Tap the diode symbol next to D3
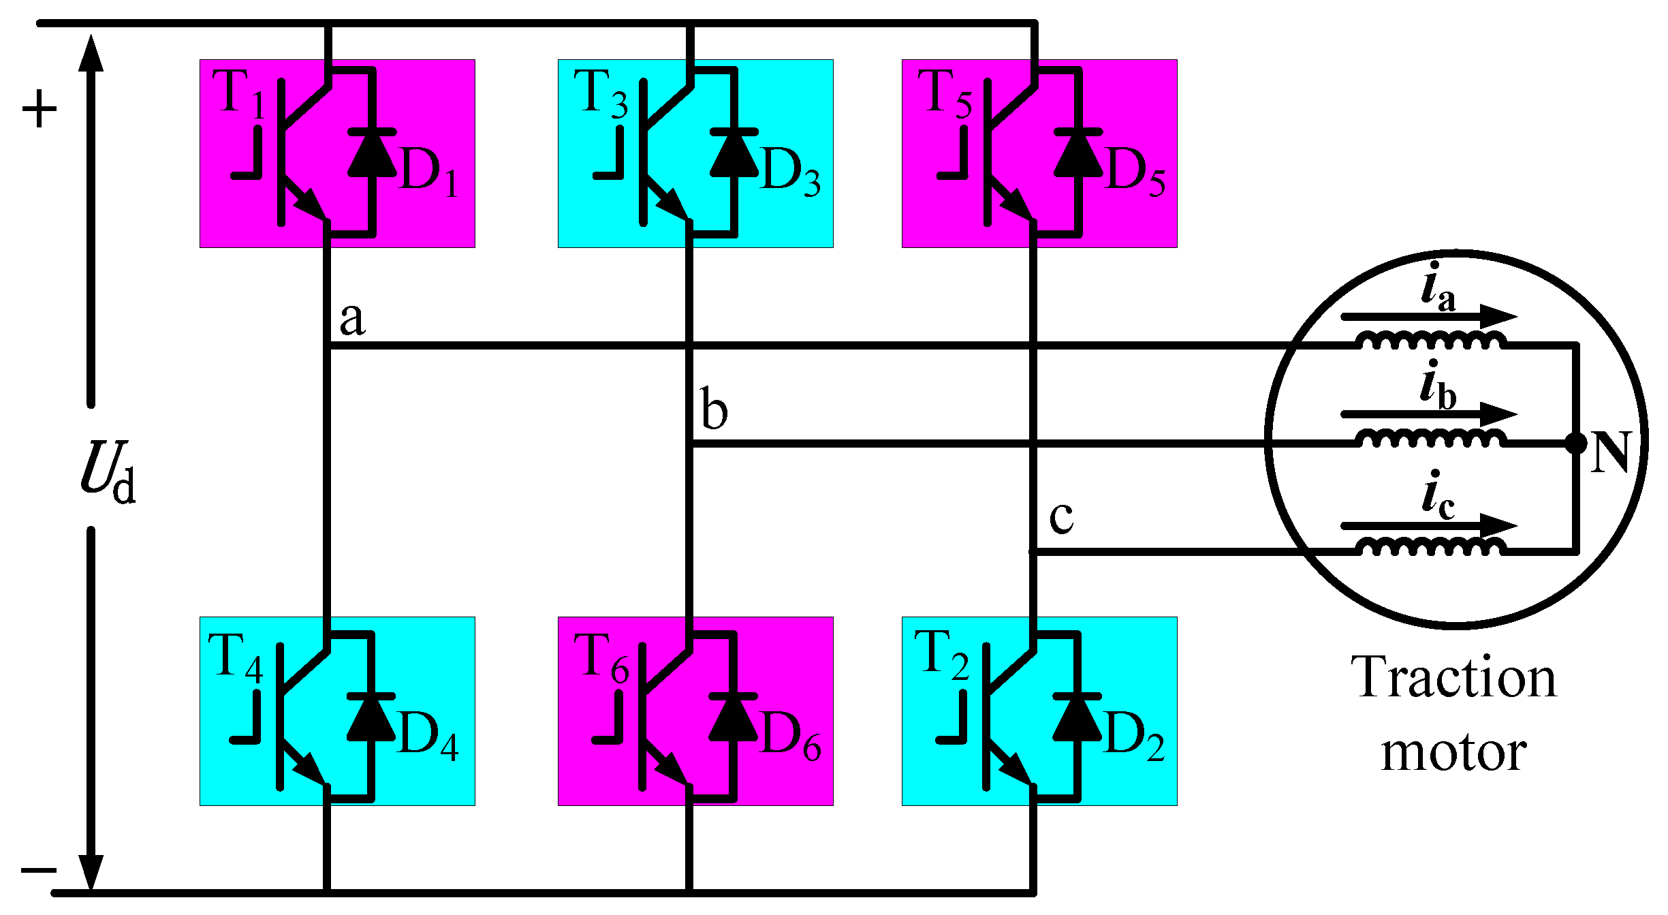734,154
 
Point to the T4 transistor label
235,658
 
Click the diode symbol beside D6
733,718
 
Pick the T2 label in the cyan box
941,655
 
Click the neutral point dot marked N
1576,444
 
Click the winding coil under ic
1430,546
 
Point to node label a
352,319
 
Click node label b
714,409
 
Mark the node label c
1061,517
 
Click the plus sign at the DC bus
40,109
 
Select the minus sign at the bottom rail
39,870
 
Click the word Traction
1453,678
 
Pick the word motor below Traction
1453,753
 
